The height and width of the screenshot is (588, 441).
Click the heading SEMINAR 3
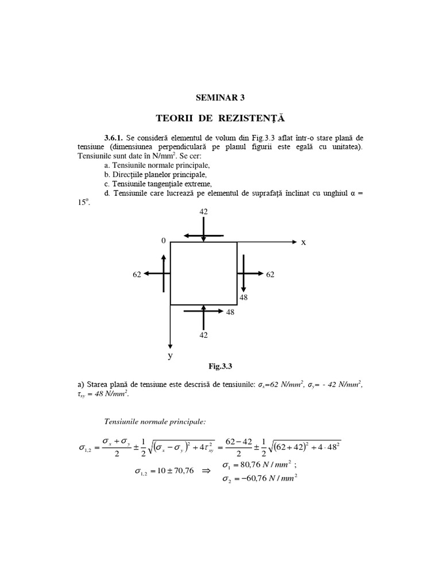(x=220, y=98)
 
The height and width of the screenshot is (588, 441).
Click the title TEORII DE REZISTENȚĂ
(x=220, y=118)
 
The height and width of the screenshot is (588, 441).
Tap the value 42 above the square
(x=203, y=211)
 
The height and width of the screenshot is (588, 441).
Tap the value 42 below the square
(x=203, y=335)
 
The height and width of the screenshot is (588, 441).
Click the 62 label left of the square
(x=137, y=274)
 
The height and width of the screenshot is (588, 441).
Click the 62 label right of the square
(x=270, y=274)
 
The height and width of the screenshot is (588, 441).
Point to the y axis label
(x=170, y=356)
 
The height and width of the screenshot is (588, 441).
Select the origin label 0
(x=164, y=241)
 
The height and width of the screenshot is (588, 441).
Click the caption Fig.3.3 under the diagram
(x=220, y=366)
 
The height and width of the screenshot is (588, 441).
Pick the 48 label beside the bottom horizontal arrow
(x=230, y=312)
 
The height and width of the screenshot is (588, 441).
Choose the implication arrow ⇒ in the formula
(x=206, y=471)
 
